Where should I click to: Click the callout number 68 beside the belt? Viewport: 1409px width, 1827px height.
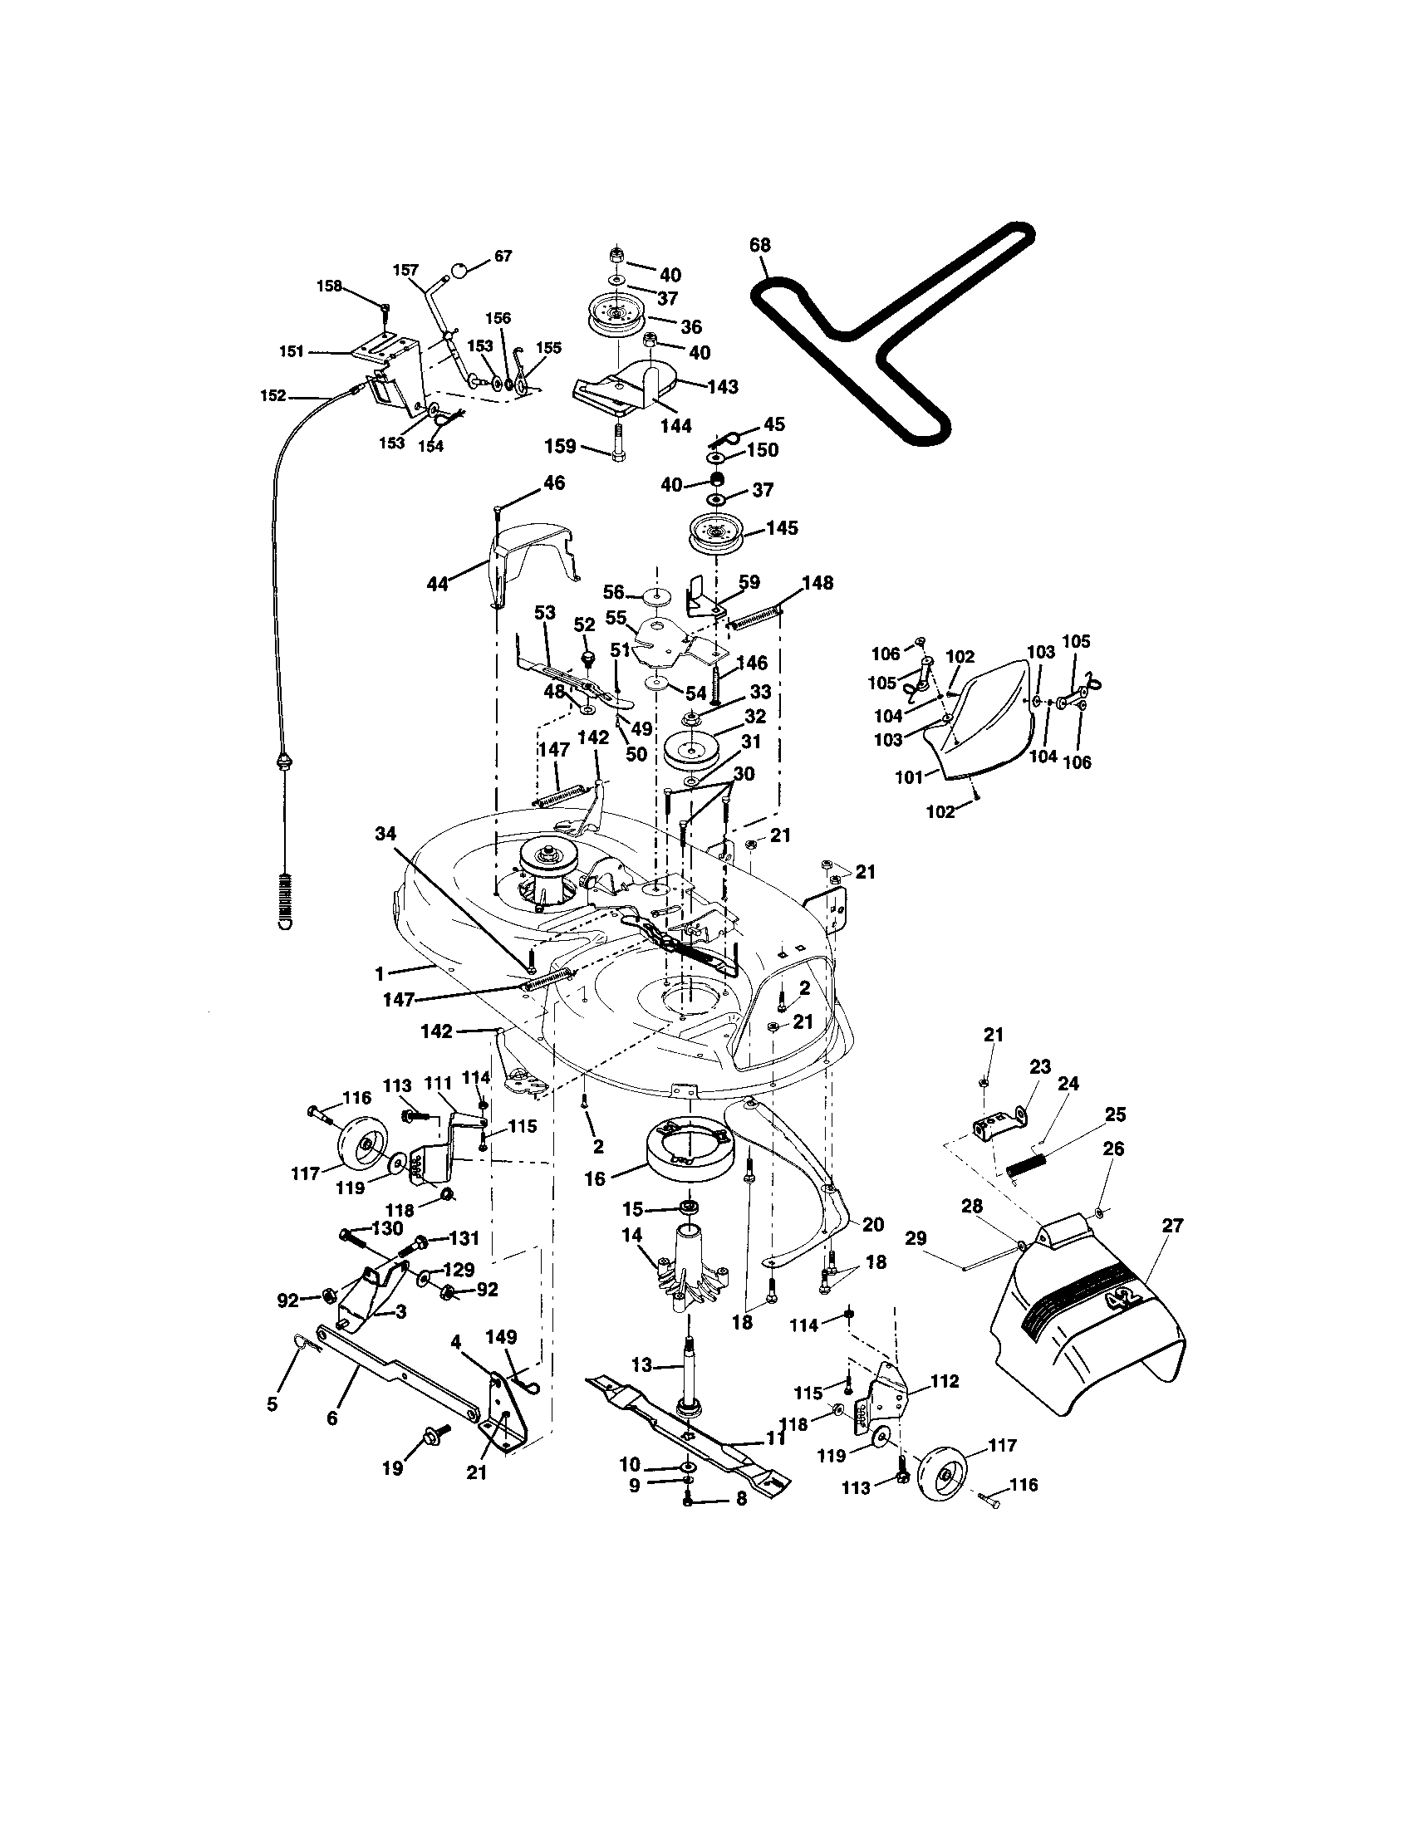[759, 245]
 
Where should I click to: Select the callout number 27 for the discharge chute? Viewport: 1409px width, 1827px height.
[1172, 1226]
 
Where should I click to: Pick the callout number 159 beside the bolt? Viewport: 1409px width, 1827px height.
[560, 446]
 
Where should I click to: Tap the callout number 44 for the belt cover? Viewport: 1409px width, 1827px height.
[437, 584]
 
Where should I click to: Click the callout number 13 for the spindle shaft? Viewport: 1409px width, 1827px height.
[641, 1365]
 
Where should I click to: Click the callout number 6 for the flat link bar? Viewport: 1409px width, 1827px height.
[332, 1418]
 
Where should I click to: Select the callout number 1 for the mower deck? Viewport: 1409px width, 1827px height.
[379, 973]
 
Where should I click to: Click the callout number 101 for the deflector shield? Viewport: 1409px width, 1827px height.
[908, 777]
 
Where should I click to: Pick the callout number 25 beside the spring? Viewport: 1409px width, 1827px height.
[1115, 1114]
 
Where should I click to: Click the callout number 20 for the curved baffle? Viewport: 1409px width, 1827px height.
[872, 1225]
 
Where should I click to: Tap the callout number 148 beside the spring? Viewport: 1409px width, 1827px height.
[817, 582]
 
